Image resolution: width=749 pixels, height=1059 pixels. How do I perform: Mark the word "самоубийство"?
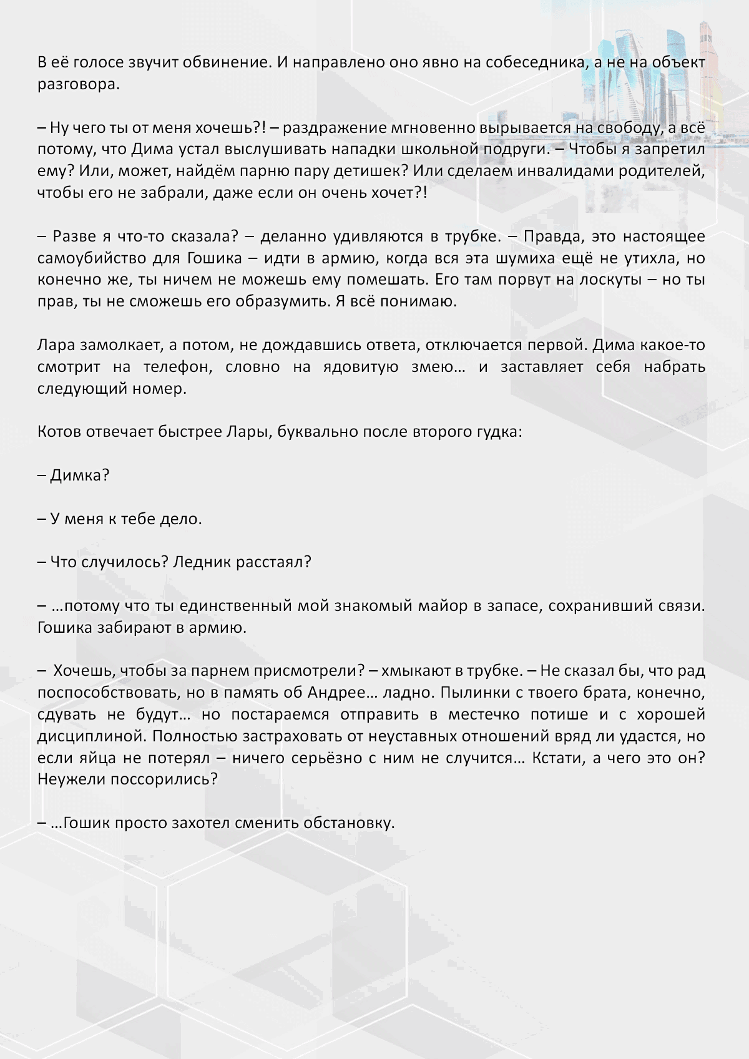pyautogui.click(x=91, y=258)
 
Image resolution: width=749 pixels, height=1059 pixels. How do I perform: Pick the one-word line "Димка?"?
pyautogui.click(x=79, y=476)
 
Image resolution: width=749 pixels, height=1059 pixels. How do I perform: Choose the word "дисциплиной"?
pyautogui.click(x=92, y=736)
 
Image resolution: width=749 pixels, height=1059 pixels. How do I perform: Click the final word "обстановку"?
pyautogui.click(x=349, y=823)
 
